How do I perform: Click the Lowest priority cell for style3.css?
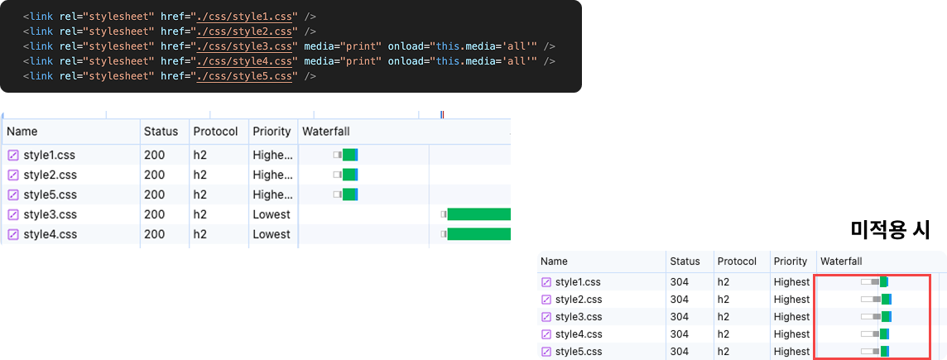tap(272, 214)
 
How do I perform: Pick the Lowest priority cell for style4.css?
tap(272, 234)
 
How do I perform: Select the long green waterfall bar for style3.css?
tap(478, 214)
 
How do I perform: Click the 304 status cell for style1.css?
tap(680, 281)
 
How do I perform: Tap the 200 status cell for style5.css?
tap(153, 194)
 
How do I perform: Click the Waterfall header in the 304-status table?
tap(841, 262)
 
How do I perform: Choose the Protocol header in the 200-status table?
tap(215, 131)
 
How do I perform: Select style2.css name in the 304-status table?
tap(578, 299)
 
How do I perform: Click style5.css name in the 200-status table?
tap(50, 194)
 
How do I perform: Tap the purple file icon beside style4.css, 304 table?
tap(546, 334)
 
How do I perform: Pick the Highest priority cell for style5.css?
tap(791, 352)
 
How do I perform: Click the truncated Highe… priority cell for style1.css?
tap(272, 156)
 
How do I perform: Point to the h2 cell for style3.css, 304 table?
tap(723, 316)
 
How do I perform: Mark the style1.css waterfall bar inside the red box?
tap(875, 281)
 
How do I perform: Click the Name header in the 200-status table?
tap(22, 131)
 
